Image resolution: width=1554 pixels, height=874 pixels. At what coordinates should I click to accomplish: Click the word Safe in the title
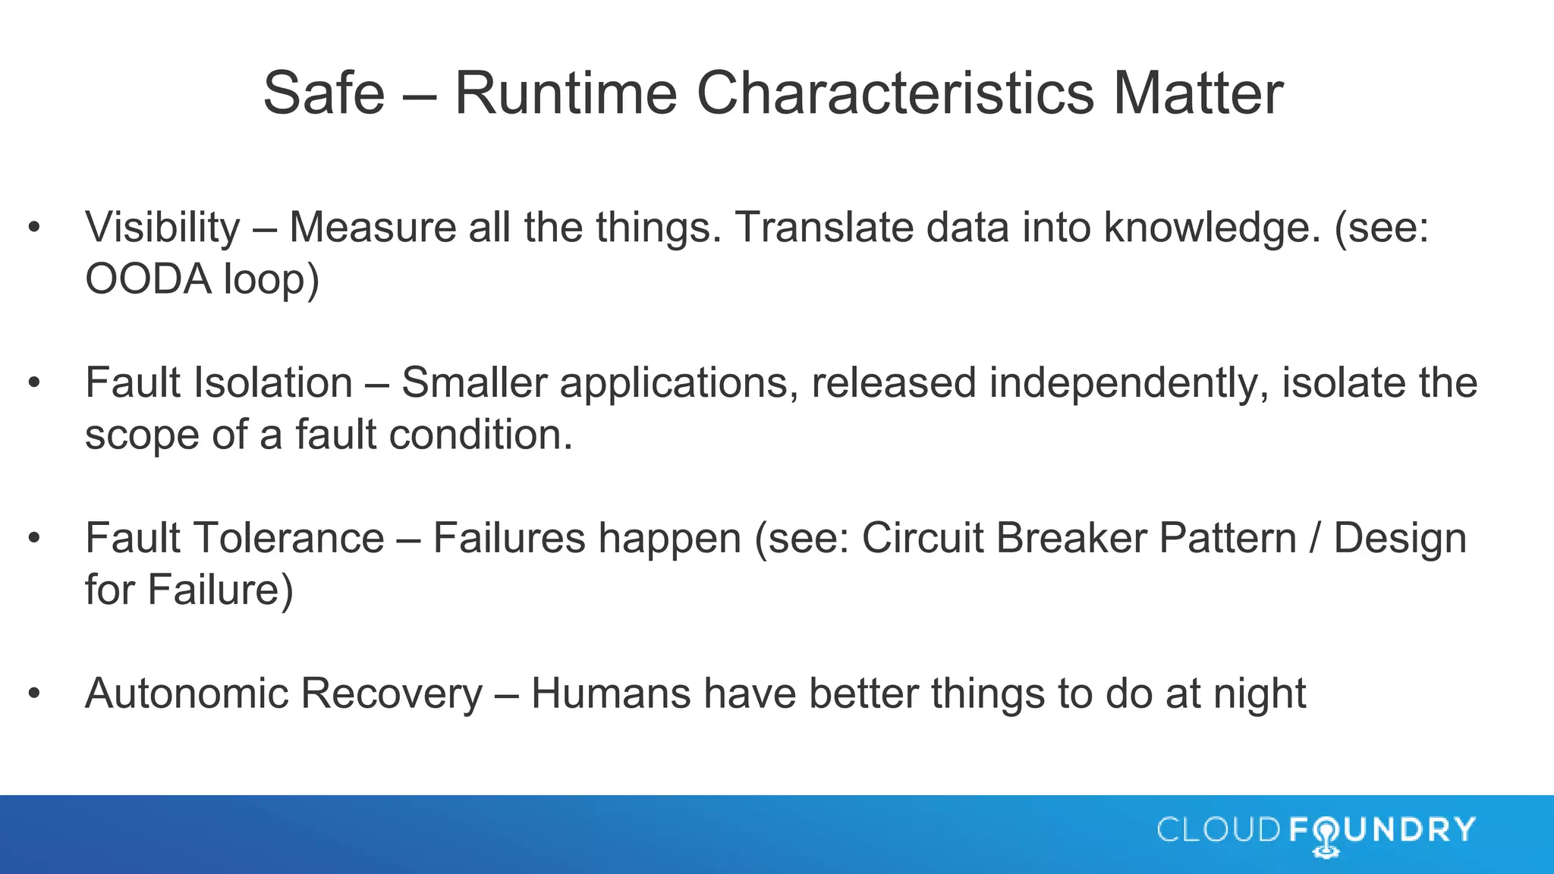(324, 93)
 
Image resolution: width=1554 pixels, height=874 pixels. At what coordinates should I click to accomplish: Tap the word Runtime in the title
(565, 93)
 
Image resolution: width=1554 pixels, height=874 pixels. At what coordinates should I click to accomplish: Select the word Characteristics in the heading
(895, 93)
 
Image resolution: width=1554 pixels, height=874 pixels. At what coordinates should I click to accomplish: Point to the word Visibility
(162, 228)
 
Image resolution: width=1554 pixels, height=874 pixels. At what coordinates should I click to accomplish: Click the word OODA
(148, 279)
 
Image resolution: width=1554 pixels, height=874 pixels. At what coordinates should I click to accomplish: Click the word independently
(1128, 382)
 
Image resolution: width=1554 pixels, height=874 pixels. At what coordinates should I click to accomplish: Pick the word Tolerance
(289, 539)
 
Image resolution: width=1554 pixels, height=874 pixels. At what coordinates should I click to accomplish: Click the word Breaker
(1071, 539)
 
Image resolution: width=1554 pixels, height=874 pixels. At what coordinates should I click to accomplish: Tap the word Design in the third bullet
(1400, 539)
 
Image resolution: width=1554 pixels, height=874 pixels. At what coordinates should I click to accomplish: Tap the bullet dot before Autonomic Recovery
(33, 694)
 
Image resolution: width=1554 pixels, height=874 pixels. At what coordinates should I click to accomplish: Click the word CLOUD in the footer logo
(1219, 830)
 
